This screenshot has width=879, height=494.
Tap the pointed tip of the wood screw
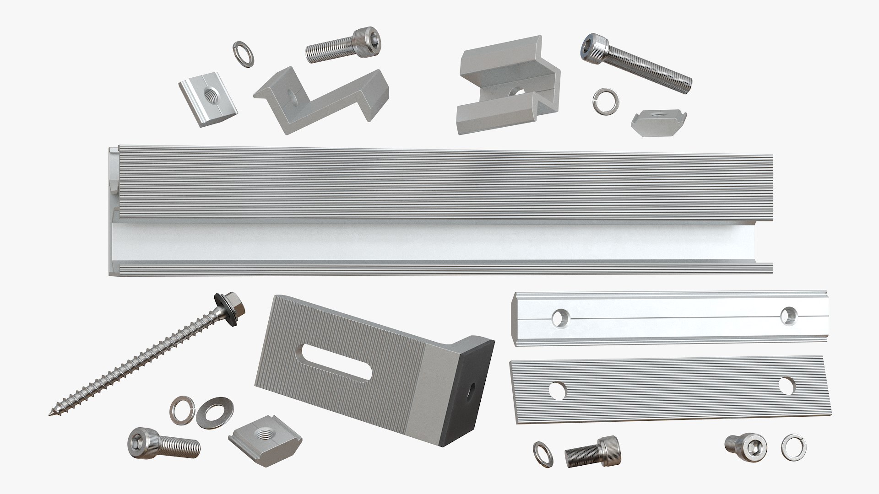50,414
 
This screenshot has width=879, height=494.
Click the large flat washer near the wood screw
215,410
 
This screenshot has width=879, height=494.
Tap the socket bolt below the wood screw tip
163,442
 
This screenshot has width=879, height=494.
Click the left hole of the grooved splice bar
559,317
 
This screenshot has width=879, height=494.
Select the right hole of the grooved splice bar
787,315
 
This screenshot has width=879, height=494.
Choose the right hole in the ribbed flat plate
786,386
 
